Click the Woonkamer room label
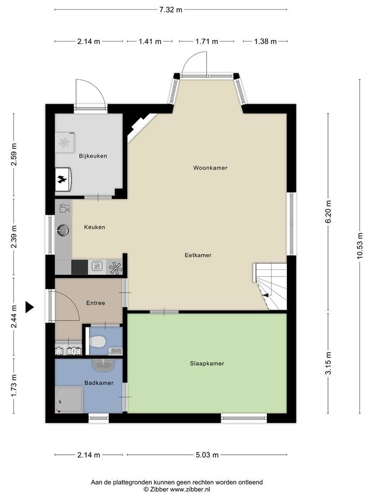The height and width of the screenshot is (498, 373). tap(210, 168)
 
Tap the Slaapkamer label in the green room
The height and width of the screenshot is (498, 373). tap(207, 364)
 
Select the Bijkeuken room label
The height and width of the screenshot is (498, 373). tap(93, 156)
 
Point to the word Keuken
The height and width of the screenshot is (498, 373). tap(94, 227)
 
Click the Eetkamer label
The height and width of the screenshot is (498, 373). tap(198, 255)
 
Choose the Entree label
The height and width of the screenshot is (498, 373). tap(95, 303)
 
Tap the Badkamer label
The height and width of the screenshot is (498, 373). tap(99, 383)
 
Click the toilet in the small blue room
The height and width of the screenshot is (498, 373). tap(97, 342)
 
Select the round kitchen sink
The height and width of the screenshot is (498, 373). tap(63, 230)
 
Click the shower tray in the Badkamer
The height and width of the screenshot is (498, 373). tap(69, 399)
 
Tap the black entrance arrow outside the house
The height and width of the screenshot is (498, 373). tap(30, 307)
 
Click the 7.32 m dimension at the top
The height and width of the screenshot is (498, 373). tap(170, 9)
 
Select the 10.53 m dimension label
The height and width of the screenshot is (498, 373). tap(360, 246)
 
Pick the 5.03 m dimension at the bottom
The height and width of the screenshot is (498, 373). tap(207, 455)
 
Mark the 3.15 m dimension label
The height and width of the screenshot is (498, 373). tap(328, 363)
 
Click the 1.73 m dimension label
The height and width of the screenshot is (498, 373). tap(13, 385)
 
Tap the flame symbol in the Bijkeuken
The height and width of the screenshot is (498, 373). tap(62, 180)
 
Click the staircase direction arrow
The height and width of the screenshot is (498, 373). tap(265, 295)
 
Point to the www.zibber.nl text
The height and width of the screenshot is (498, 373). tap(190, 489)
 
